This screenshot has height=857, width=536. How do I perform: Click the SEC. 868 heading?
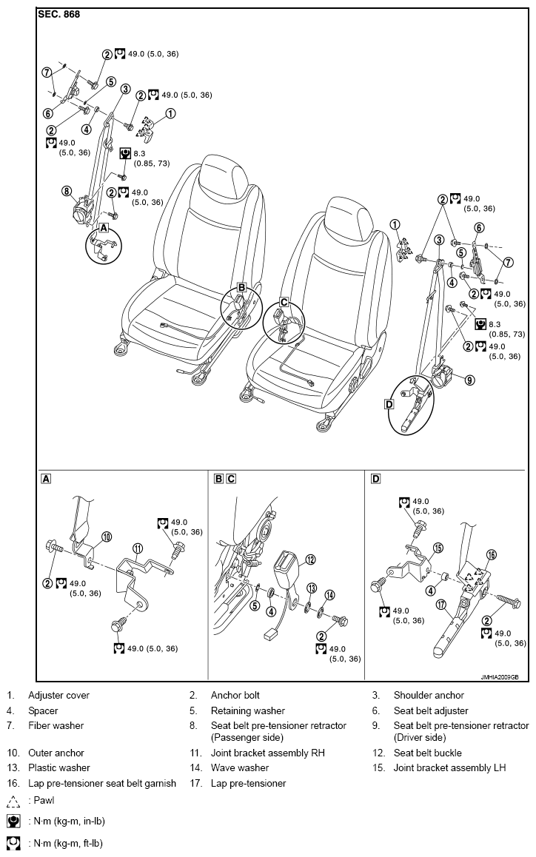pos(59,14)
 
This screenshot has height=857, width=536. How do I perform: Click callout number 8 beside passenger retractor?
pos(66,191)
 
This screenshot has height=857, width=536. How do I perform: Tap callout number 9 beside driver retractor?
pos(469,380)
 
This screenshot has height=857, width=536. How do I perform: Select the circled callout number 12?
pos(311,559)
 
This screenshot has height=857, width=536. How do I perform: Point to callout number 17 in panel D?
pos(440,605)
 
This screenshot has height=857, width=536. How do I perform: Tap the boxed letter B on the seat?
pos(241,287)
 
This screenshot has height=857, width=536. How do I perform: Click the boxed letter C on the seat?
pos(284,302)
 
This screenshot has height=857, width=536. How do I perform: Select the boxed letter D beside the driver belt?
pos(389,404)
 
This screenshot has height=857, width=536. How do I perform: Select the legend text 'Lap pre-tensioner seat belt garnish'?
pos(102,783)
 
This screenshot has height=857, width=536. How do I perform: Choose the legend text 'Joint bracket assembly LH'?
pos(449,768)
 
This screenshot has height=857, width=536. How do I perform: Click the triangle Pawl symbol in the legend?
pos(15,801)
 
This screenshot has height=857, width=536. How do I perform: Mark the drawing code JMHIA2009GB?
pos(500,676)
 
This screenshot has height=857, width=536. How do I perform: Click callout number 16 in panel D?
pos(491,555)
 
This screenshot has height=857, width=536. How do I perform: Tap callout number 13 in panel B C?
pos(311,588)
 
